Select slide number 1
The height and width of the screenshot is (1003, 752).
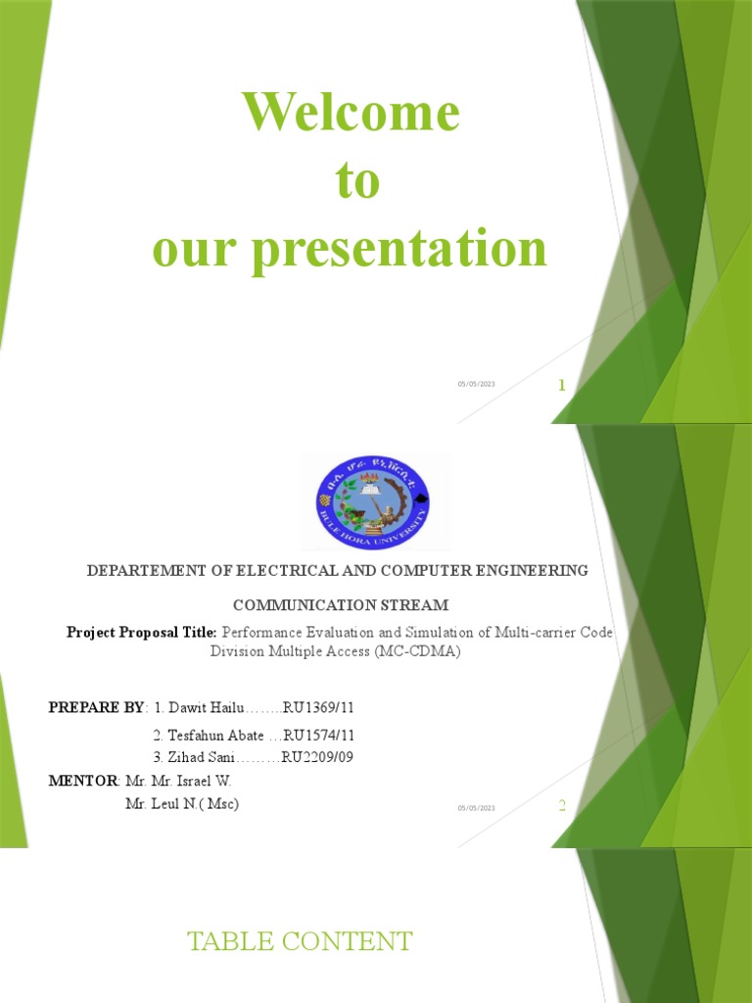562,386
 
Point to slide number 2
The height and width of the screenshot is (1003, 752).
562,806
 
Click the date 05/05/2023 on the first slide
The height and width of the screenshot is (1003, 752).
476,384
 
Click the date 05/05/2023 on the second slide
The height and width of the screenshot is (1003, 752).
476,807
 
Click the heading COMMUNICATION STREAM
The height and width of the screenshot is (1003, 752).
340,605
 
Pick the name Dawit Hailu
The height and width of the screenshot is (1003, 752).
192,707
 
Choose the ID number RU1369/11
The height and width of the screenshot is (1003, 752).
318,707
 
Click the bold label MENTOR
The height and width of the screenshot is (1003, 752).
83,781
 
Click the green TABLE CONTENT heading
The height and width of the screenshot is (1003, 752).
300,942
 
